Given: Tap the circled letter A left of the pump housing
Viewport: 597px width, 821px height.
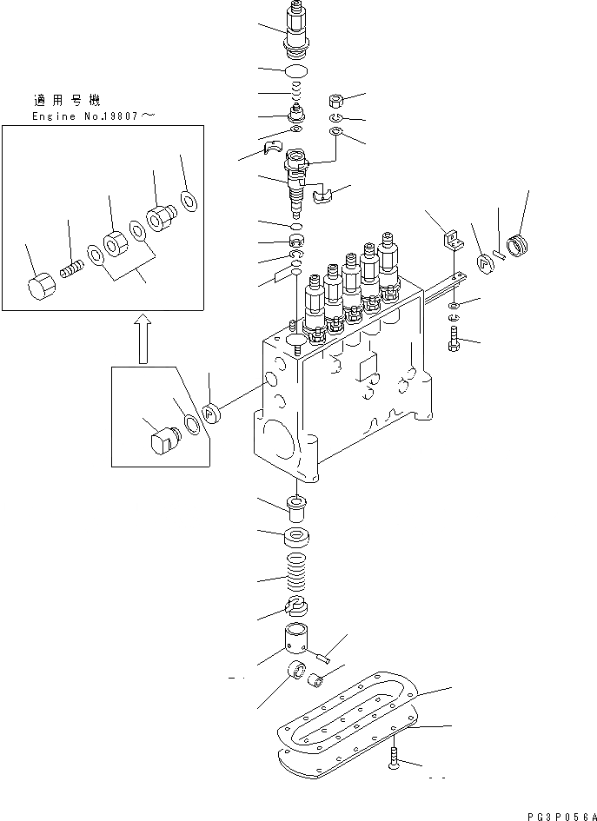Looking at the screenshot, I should tap(212, 414).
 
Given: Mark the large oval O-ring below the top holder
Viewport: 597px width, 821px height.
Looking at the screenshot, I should tap(297, 70).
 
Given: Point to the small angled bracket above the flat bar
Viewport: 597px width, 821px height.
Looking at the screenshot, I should tap(450, 238).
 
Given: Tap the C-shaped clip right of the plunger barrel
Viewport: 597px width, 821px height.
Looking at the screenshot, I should tap(322, 197).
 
